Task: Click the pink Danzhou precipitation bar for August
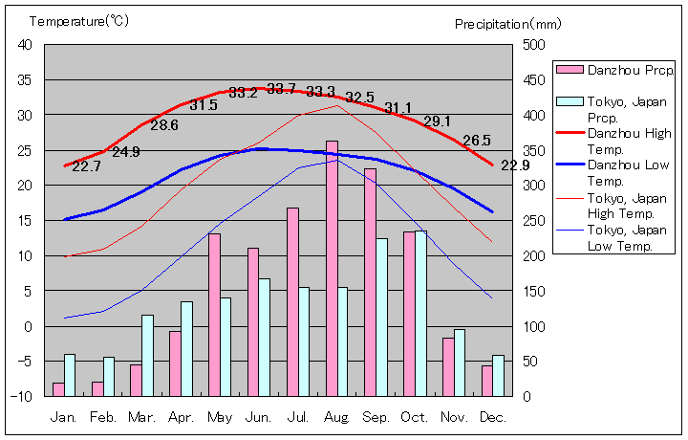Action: point(332,268)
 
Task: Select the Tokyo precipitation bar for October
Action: point(420,313)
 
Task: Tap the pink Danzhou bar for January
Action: point(59,389)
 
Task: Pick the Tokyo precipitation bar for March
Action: point(147,355)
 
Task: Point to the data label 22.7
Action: point(86,166)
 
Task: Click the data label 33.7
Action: point(281,89)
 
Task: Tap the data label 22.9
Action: point(515,165)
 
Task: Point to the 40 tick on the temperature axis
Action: point(25,45)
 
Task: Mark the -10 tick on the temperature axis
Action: point(23,396)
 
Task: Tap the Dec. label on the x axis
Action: point(494,417)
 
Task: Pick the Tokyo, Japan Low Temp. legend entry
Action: point(621,238)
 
